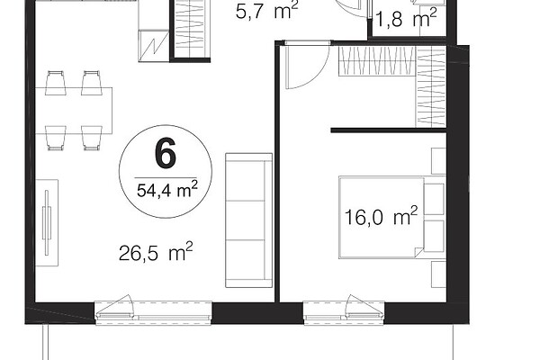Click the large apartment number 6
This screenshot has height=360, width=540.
(x=166, y=153)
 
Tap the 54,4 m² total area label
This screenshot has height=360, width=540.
(x=167, y=189)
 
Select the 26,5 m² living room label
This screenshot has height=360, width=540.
(x=156, y=252)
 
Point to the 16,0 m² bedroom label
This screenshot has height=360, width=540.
(x=381, y=216)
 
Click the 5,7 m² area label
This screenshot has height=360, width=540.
(x=267, y=10)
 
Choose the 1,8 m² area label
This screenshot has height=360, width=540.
(x=407, y=18)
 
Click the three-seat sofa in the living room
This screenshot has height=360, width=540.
(x=249, y=220)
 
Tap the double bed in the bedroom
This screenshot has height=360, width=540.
(x=382, y=217)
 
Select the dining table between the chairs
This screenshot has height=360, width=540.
(x=74, y=111)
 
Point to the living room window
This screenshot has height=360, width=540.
(x=154, y=313)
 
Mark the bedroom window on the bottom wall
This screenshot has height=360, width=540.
(x=344, y=313)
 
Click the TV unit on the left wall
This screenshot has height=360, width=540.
(x=47, y=222)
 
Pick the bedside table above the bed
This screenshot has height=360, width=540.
(x=439, y=161)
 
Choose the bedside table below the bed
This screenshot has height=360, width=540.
(x=439, y=274)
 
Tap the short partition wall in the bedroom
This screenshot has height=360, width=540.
(x=389, y=130)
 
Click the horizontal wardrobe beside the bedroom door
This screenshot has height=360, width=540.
(x=377, y=61)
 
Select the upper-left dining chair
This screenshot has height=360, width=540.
(x=56, y=83)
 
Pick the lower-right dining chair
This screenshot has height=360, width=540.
(x=92, y=138)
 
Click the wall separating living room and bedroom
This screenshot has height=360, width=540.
(x=277, y=172)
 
